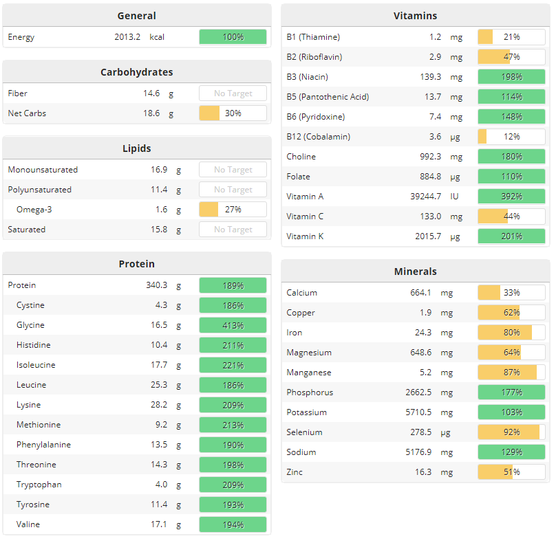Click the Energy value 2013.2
pyautogui.click(x=127, y=36)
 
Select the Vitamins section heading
pyautogui.click(x=415, y=16)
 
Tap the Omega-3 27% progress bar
pyautogui.click(x=233, y=210)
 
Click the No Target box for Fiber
pyautogui.click(x=233, y=93)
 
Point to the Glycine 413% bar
pyautogui.click(x=233, y=325)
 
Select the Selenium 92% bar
pyautogui.click(x=511, y=432)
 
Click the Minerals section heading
pyautogui.click(x=415, y=271)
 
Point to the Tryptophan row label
pyautogui.click(x=39, y=485)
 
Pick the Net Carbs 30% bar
pyautogui.click(x=233, y=113)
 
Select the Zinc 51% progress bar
pyautogui.click(x=511, y=472)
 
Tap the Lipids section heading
pyautogui.click(x=136, y=148)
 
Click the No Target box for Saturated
pyautogui.click(x=233, y=230)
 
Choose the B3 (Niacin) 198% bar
pyautogui.click(x=511, y=77)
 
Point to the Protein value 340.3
pyautogui.click(x=155, y=285)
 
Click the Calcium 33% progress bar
pyautogui.click(x=511, y=293)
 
